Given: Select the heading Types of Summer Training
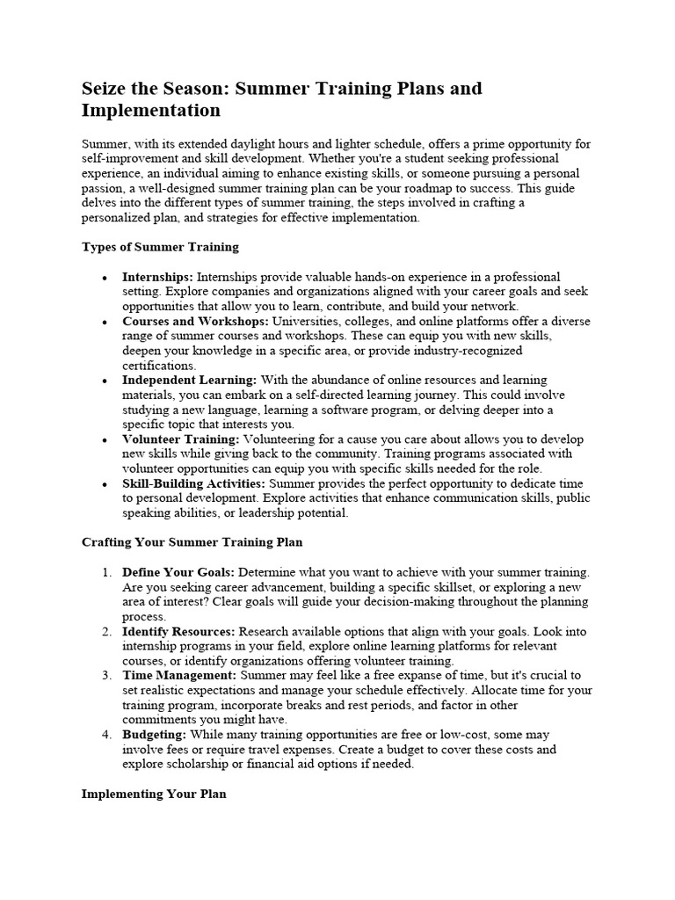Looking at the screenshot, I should click(160, 247).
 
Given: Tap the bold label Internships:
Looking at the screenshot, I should click(157, 277).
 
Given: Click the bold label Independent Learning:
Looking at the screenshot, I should click(189, 381).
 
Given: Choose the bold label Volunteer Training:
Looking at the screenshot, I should click(180, 439).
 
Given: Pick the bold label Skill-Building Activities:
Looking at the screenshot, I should click(194, 484).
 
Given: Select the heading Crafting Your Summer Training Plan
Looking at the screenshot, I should click(192, 542).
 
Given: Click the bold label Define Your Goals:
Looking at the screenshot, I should click(178, 572).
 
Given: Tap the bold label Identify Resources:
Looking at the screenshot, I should click(178, 631).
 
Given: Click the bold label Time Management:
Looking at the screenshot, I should click(179, 675).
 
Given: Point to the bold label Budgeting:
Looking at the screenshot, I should click(154, 734).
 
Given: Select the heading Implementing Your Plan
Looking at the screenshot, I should click(154, 794).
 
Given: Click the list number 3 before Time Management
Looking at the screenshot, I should click(105, 675).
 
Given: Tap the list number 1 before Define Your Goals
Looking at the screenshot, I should click(105, 572).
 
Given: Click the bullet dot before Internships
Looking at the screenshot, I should click(105, 278).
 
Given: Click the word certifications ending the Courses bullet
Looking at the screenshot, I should click(158, 366).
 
